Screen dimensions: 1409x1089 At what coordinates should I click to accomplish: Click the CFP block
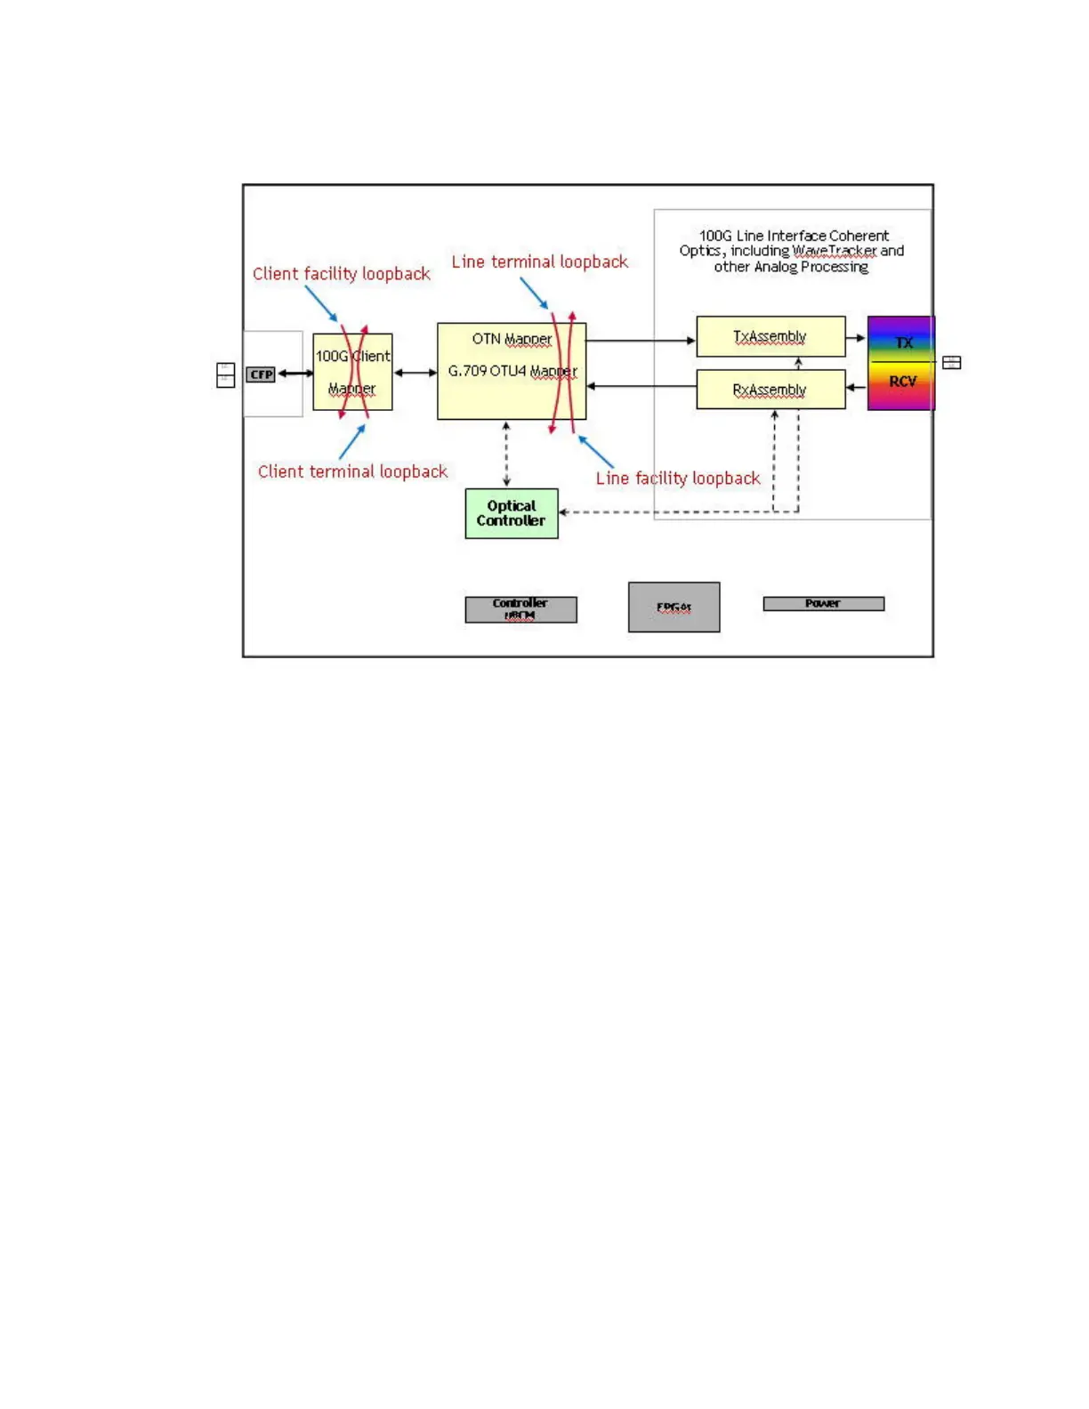(x=261, y=374)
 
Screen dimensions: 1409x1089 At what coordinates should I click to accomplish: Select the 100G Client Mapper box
(x=352, y=373)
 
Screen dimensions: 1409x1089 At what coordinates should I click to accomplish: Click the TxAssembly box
(x=770, y=336)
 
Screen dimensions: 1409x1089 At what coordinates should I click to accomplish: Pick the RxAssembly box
(x=770, y=390)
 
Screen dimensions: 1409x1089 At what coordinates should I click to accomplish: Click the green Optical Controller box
(x=512, y=513)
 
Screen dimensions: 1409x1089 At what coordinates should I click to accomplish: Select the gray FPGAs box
(x=674, y=608)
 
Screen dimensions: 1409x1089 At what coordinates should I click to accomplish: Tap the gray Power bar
(x=823, y=604)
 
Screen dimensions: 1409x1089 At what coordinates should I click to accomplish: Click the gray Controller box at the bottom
(x=520, y=609)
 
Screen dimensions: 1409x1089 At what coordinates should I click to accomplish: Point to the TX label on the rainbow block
(x=904, y=342)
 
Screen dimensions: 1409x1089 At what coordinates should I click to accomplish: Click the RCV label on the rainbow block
(x=902, y=382)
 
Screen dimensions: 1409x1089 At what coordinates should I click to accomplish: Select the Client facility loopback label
(x=341, y=274)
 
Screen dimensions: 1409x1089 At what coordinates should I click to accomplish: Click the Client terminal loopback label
(x=352, y=471)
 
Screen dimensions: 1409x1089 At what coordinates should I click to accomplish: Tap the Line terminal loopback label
(x=539, y=262)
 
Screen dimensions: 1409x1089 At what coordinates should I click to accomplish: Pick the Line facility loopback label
(x=678, y=479)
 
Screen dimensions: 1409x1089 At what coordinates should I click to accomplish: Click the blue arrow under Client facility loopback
(x=321, y=303)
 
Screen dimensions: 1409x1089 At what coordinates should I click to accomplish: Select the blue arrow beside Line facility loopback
(x=596, y=452)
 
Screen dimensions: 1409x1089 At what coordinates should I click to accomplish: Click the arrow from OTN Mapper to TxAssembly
(x=641, y=341)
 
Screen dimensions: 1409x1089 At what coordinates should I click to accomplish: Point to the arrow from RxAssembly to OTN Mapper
(x=641, y=386)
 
